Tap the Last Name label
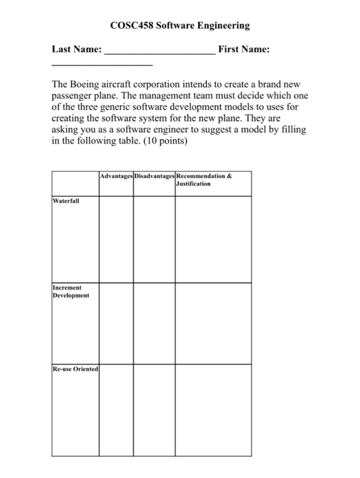[x=77, y=50]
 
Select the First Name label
[x=243, y=50]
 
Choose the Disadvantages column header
[x=154, y=175]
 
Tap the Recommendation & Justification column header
[x=204, y=180]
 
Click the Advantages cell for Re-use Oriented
[x=115, y=410]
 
